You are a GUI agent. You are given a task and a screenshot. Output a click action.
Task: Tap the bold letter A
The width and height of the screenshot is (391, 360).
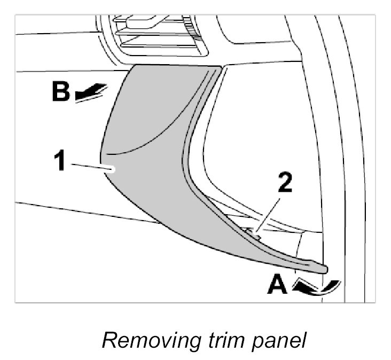(x=278, y=285)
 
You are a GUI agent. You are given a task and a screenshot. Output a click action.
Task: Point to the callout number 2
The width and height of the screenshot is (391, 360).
(x=285, y=184)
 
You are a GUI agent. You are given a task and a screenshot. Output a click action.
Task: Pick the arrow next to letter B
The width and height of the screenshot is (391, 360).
(x=91, y=93)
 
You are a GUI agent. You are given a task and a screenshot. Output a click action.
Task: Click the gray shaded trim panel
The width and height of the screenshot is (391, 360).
(x=160, y=176)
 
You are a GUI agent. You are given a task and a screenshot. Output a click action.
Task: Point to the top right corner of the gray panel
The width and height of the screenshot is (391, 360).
(x=220, y=67)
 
